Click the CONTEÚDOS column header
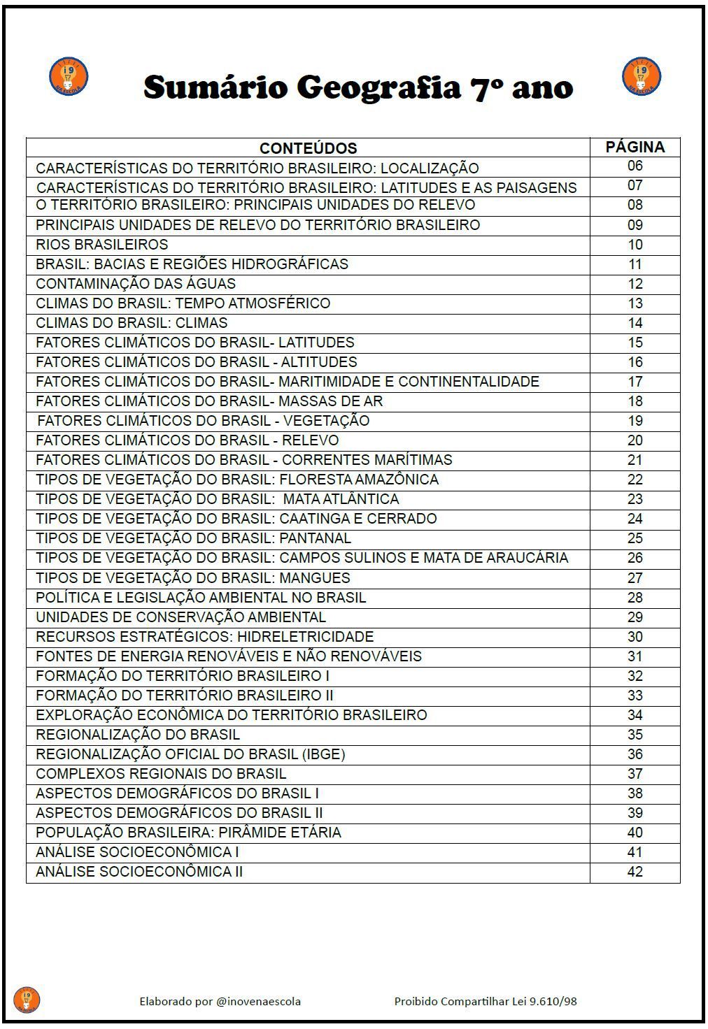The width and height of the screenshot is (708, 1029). [308, 148]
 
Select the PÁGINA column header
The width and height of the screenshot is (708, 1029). [635, 147]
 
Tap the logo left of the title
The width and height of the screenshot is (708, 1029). [69, 76]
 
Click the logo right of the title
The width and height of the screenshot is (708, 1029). [641, 76]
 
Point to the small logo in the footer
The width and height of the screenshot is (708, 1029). [27, 1000]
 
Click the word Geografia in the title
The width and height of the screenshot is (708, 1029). [378, 89]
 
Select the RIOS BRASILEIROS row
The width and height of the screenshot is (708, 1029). [102, 245]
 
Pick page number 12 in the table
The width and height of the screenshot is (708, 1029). [635, 284]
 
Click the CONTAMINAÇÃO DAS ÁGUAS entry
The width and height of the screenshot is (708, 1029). [136, 284]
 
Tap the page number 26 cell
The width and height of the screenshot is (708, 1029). [635, 558]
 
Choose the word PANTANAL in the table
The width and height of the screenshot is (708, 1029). [315, 538]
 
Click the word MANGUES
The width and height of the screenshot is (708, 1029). [315, 578]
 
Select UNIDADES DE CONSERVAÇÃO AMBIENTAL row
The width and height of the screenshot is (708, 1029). [180, 617]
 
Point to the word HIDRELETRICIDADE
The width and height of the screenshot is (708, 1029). [305, 637]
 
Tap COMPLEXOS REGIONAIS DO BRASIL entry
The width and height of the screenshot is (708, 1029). [161, 774]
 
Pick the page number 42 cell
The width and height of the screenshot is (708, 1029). [635, 872]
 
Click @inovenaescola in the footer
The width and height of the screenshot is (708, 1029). [259, 1001]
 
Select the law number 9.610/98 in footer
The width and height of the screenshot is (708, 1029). [553, 1001]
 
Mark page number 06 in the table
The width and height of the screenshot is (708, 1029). [635, 166]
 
